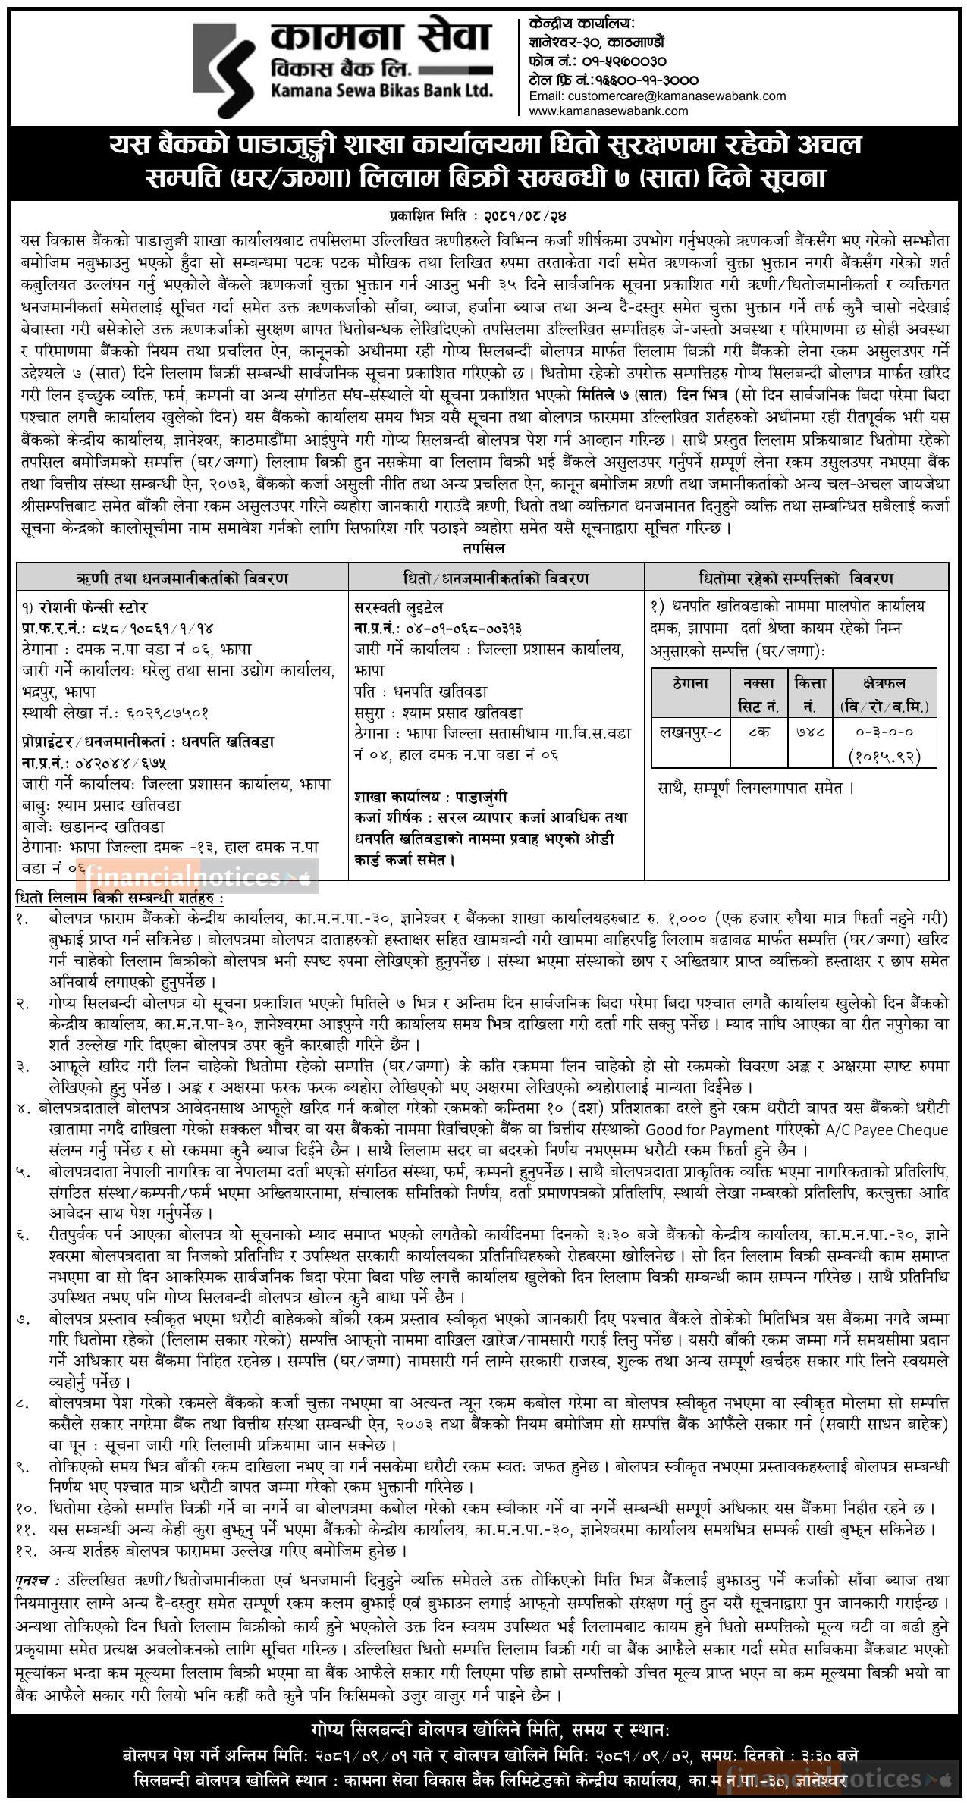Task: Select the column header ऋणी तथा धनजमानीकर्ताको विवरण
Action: [x=182, y=579]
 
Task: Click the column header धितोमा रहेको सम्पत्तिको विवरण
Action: [x=796, y=579]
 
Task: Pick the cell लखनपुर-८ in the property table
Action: [x=690, y=732]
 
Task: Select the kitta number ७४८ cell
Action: [x=809, y=732]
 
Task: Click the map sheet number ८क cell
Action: [x=758, y=732]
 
